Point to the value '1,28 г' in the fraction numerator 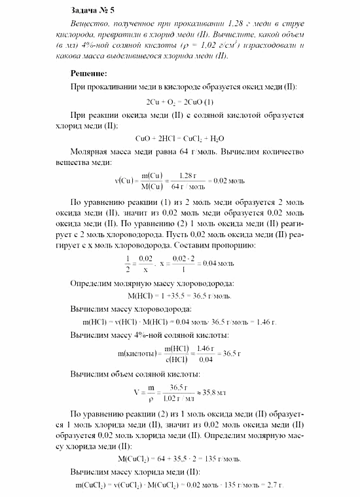click(188, 175)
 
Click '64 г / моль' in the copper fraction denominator click(189, 185)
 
